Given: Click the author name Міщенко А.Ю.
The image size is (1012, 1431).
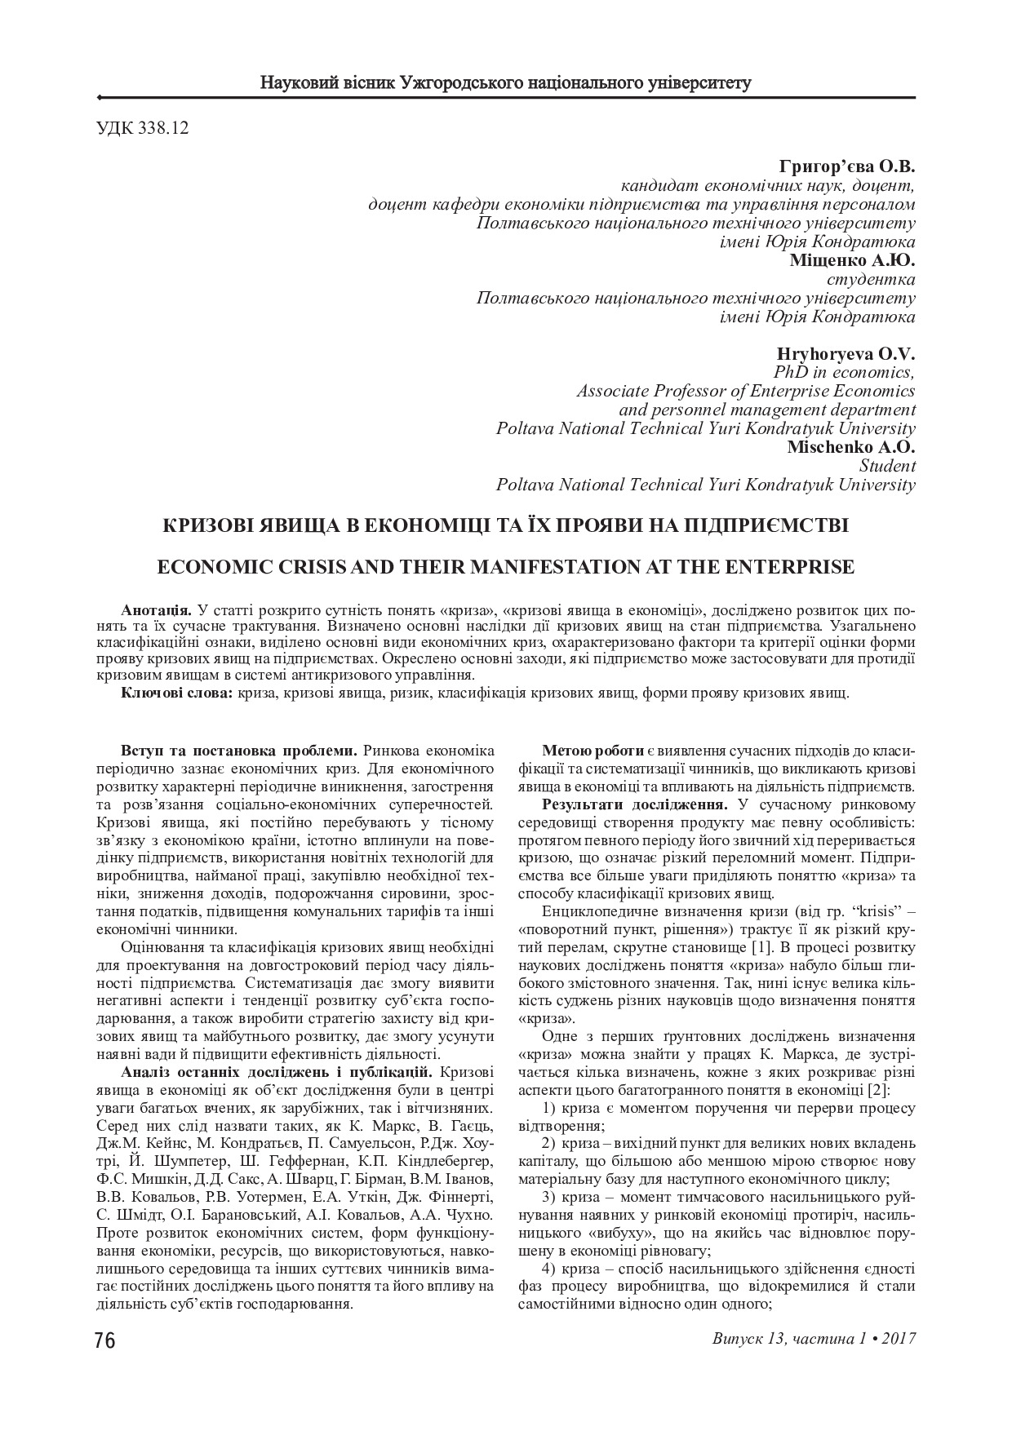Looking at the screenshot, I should (x=852, y=260).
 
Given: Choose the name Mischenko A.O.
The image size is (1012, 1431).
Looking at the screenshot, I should (x=850, y=447).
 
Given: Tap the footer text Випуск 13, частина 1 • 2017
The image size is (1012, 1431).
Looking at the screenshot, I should (x=813, y=1339).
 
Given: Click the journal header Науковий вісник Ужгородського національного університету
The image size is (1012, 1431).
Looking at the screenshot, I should (x=505, y=82).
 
